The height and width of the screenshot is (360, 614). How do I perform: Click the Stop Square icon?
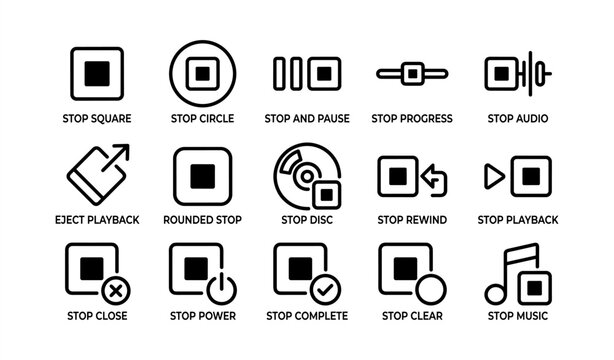(96, 73)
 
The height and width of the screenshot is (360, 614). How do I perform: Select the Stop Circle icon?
(202, 73)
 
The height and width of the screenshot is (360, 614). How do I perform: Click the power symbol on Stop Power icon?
(221, 291)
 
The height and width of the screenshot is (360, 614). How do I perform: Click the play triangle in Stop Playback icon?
(493, 177)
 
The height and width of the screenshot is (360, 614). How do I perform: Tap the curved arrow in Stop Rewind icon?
(436, 180)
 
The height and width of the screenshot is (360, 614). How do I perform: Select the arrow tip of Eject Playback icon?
(121, 152)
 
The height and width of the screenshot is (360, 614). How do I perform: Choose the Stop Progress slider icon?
(411, 73)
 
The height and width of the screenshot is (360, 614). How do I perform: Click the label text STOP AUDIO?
(517, 119)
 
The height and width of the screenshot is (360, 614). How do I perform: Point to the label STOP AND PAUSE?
(307, 119)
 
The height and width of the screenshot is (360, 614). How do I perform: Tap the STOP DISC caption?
(307, 220)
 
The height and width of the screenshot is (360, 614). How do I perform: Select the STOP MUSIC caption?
(517, 317)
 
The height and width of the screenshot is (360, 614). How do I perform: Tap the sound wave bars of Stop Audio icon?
(540, 73)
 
